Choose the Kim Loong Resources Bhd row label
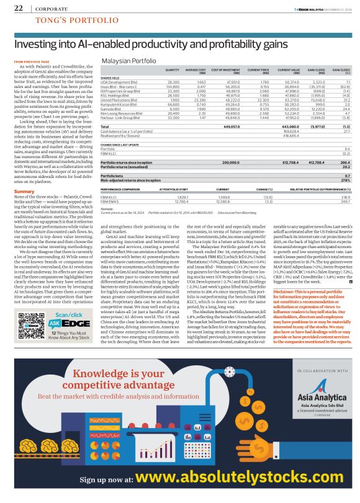click(x=120, y=113)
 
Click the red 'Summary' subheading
click(x=24, y=192)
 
